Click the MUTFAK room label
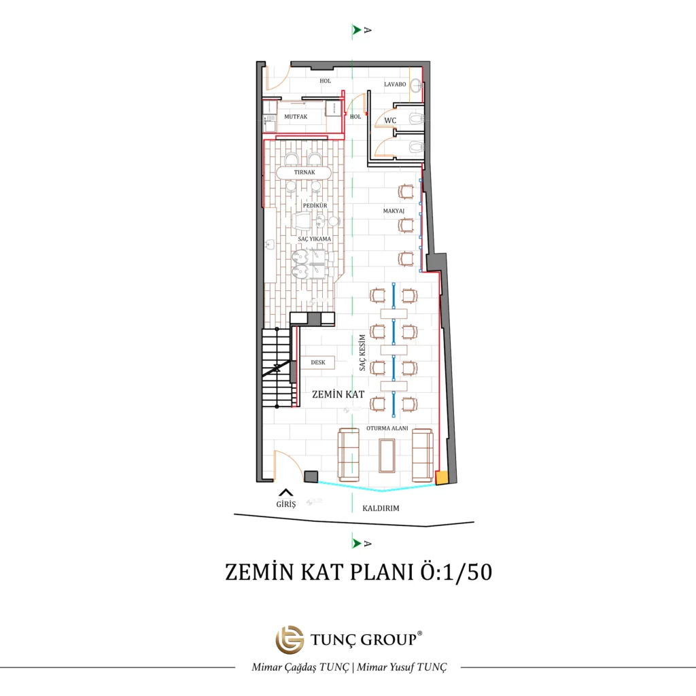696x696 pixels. coord(296,117)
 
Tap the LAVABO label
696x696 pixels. coord(395,84)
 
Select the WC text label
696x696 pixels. coord(390,120)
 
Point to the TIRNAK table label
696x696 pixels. coord(304,172)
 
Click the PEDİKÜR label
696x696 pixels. coord(315,205)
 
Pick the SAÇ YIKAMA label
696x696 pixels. coord(314,239)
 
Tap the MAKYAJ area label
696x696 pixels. coord(394,211)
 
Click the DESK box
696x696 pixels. coord(318,362)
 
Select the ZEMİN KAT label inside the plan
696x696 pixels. coord(338,394)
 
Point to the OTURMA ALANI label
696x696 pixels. coord(387,428)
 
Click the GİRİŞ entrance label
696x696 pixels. coord(286,504)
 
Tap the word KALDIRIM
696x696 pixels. coord(381,508)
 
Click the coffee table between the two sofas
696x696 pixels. coord(387,456)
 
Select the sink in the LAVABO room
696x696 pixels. coord(417,85)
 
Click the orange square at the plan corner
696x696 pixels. coord(442,478)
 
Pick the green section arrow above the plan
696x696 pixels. coord(356,30)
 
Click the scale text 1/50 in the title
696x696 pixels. coord(468,572)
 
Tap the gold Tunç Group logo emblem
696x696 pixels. coord(290,640)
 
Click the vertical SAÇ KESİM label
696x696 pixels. coord(362,353)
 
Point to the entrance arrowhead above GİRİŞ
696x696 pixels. coord(286,492)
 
